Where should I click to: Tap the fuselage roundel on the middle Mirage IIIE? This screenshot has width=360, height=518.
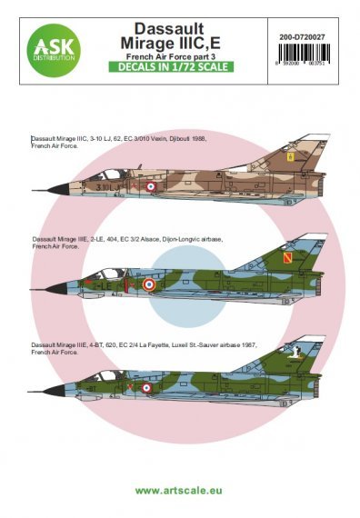(x=150, y=284)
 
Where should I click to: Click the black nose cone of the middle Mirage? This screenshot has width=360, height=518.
(x=46, y=293)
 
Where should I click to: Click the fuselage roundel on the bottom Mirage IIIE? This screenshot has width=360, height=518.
(x=145, y=387)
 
